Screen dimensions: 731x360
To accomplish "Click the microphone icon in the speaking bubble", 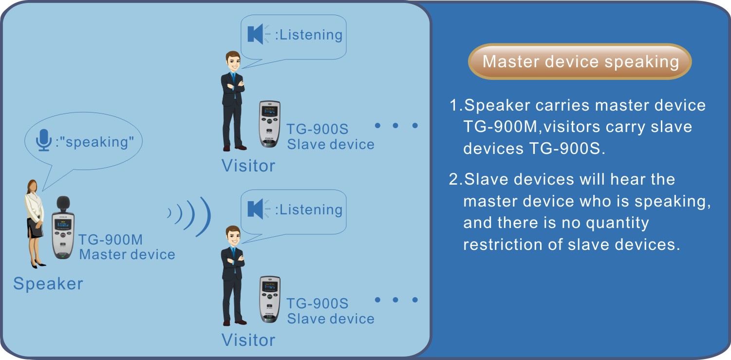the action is coord(43,140).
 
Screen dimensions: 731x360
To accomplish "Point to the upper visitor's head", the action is coord(233,61).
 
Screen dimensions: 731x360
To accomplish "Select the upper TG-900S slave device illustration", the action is coord(269,124).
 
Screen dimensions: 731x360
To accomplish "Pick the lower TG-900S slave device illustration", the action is coord(269,300).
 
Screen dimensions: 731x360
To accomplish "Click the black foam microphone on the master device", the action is coord(63,204).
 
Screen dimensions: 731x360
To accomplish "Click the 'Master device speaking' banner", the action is coord(580,61).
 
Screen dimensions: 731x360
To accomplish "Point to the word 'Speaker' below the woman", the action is coord(48,284).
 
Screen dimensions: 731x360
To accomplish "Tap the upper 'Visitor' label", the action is coord(248,166).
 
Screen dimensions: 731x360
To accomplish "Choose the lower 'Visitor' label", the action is coord(248,340).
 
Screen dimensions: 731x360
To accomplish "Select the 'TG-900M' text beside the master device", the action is coord(111,240).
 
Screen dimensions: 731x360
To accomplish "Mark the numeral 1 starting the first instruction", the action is coord(454,105).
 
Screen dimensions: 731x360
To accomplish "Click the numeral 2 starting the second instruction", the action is coord(453,179).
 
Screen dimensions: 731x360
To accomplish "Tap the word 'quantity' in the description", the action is coord(617,224).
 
